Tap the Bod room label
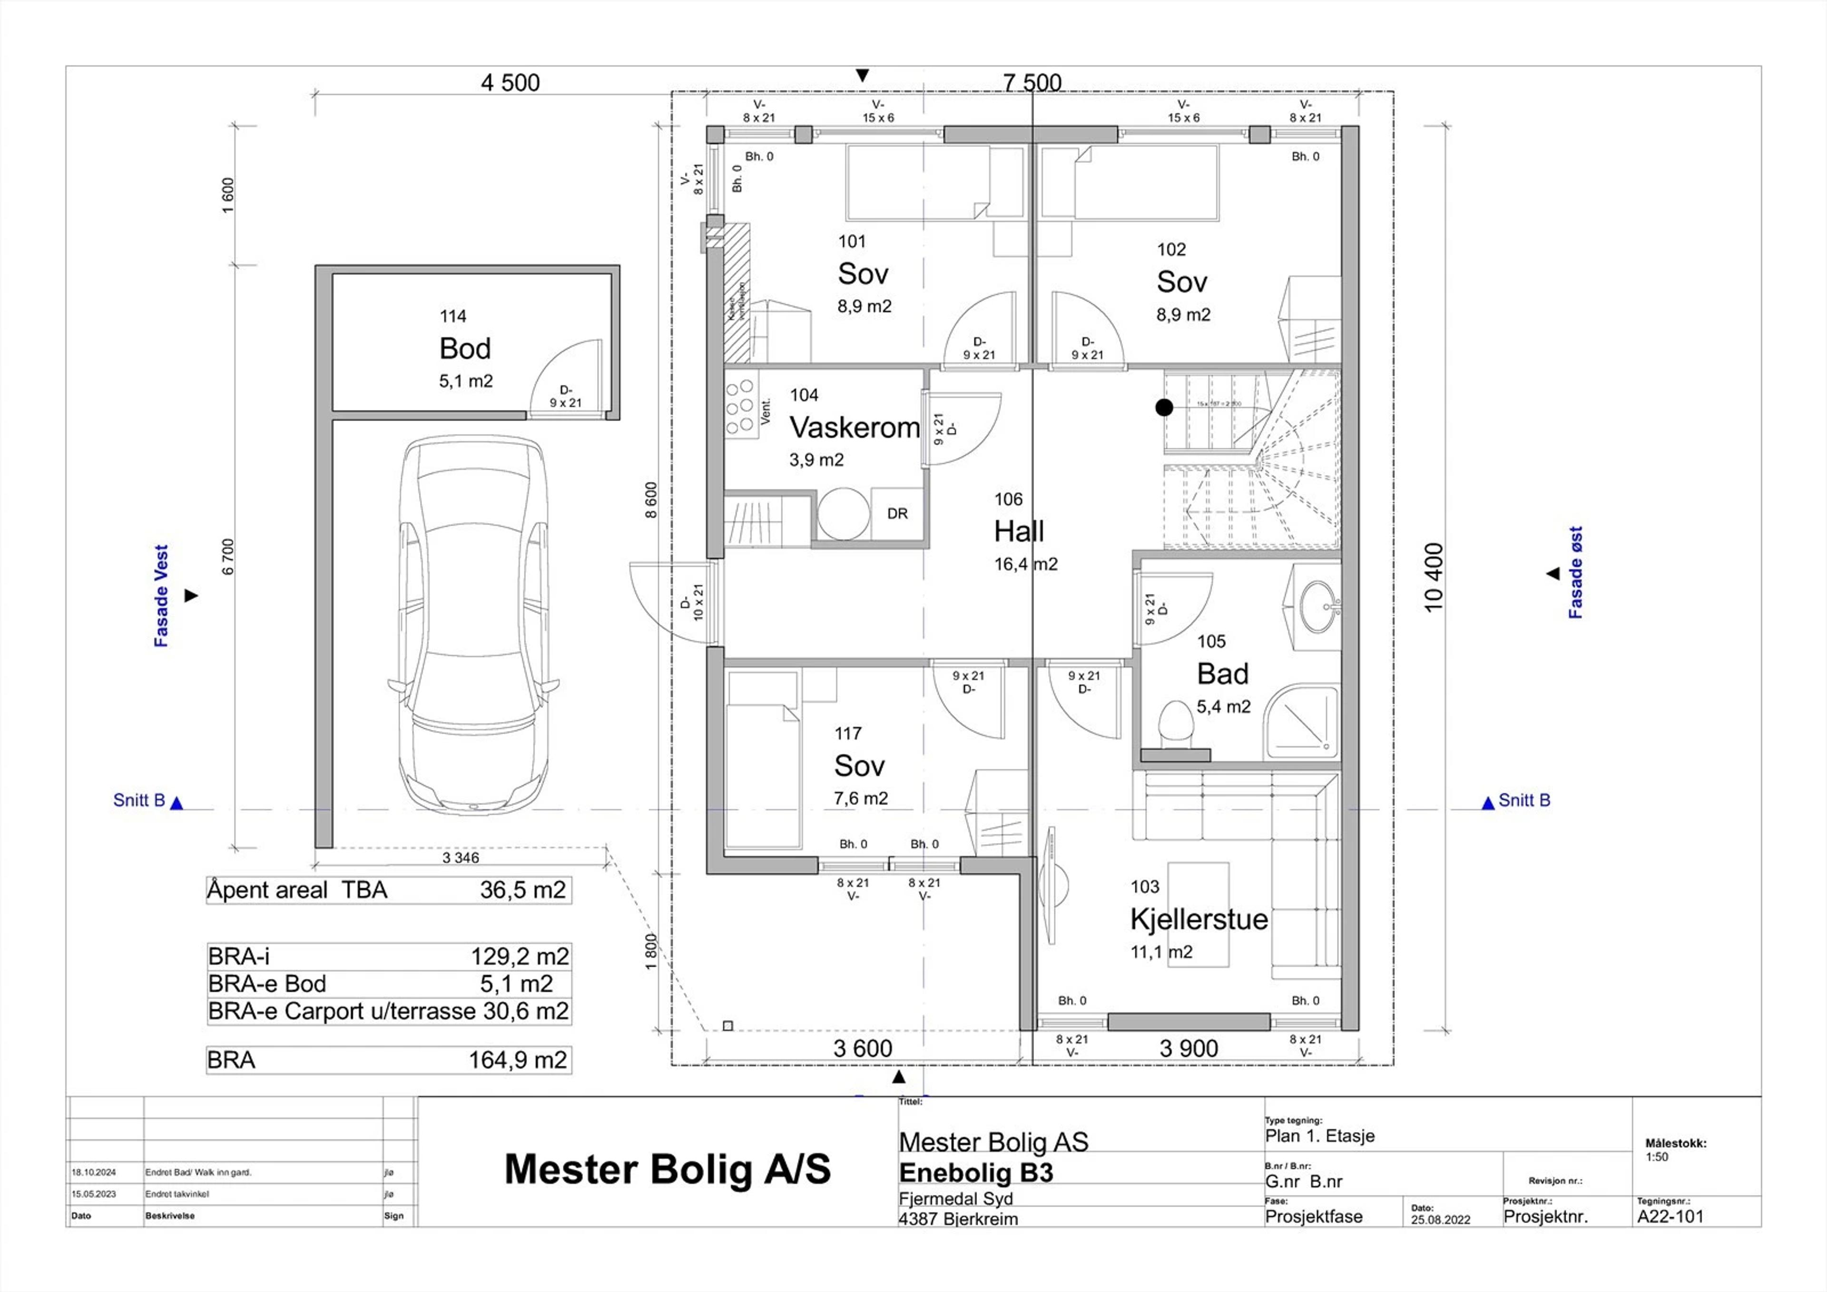coord(465,348)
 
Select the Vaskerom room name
coord(855,427)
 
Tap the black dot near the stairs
coord(1164,407)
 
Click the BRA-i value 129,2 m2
coord(520,956)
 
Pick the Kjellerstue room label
coord(1198,919)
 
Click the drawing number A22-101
coord(1670,1216)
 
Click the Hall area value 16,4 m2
coord(1026,565)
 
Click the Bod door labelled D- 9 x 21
coord(565,396)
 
